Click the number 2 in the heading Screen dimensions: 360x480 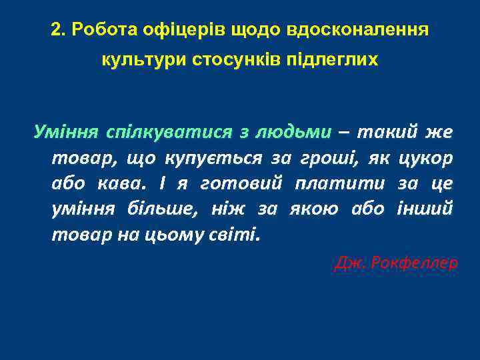point(56,31)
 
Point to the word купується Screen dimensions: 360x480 point(214,158)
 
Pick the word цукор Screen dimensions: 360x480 point(425,158)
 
